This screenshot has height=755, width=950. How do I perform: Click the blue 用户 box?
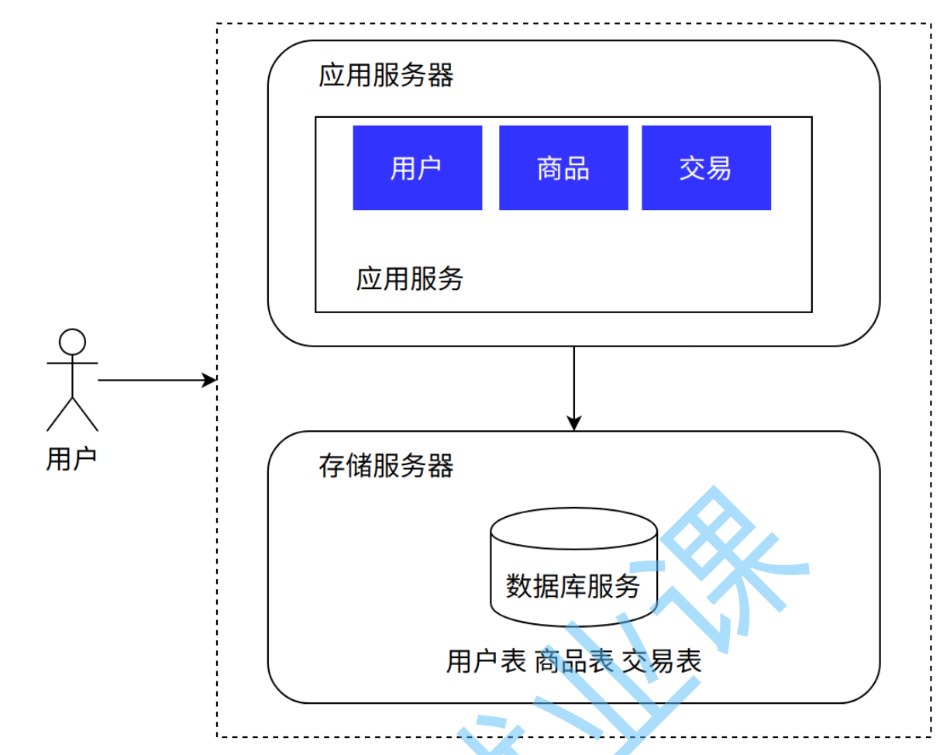tap(417, 167)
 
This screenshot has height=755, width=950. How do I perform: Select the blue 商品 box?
tap(563, 167)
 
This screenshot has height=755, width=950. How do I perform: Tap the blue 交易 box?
tap(706, 167)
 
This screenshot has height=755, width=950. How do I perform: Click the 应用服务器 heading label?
tap(386, 76)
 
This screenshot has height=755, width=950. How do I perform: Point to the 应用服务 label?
tap(410, 278)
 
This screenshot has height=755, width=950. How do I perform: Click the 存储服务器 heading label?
tap(386, 466)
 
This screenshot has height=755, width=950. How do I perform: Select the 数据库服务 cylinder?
tap(573, 574)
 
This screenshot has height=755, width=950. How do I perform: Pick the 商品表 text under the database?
tap(574, 661)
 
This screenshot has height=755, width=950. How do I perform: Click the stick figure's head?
tap(72, 342)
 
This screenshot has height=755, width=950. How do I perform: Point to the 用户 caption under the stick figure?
tap(71, 459)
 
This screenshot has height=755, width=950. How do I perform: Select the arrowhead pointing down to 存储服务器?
tap(573, 423)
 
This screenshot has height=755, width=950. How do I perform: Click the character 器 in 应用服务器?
tap(440, 76)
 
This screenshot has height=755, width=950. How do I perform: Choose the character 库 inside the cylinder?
tap(573, 585)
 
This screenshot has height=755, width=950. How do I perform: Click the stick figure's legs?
tap(72, 413)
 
